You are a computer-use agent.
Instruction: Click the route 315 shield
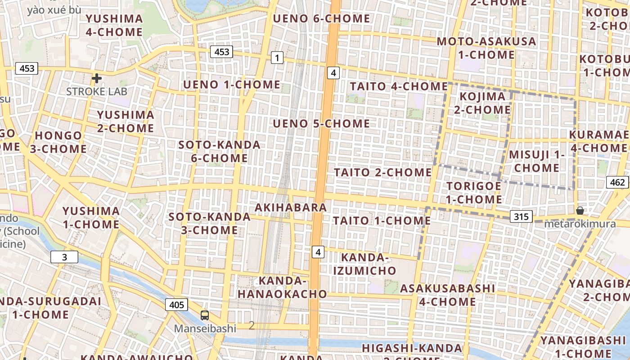521,217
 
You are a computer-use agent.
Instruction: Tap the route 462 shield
618,182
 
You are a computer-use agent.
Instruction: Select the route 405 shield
176,305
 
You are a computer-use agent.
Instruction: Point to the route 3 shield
64,257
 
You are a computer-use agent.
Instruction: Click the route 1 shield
277,58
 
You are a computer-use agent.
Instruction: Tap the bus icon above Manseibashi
205,315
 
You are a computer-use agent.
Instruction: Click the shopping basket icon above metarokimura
580,210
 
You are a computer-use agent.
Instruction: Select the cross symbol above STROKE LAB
96,78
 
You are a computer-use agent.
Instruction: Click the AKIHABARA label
291,207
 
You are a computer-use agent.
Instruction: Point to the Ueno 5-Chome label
321,123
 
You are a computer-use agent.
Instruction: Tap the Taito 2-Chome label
382,172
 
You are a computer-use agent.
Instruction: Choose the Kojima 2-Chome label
482,103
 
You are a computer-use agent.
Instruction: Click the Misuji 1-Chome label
537,161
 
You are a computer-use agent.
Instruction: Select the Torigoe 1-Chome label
474,193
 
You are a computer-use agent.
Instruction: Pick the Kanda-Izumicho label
364,264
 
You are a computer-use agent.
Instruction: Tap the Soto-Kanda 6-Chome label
213,152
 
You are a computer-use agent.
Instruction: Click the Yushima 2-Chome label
126,121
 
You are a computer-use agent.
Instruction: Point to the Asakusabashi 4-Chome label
448,295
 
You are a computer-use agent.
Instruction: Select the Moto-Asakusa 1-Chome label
486,48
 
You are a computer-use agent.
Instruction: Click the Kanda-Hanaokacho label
283,288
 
